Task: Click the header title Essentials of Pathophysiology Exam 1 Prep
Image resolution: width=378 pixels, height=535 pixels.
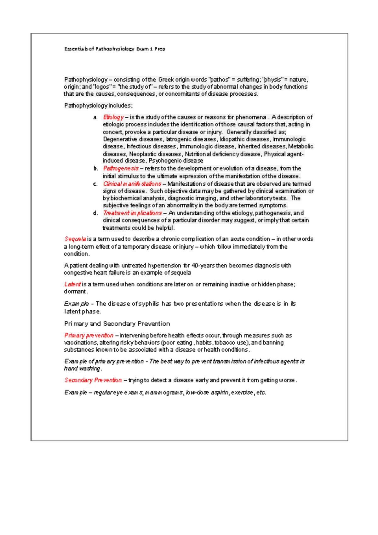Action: (115, 49)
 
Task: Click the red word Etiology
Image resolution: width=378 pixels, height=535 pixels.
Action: (113, 117)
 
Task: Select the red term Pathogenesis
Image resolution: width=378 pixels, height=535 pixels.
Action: (121, 168)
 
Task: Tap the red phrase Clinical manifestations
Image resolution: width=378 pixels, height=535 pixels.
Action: (132, 184)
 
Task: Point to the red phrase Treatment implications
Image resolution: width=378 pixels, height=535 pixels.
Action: (132, 213)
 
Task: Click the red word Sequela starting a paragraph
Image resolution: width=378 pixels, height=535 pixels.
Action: (75, 239)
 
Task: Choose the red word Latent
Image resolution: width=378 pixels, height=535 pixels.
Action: (72, 284)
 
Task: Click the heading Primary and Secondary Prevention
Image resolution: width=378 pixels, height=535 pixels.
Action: (117, 324)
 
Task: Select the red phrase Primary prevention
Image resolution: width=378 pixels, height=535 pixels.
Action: (89, 335)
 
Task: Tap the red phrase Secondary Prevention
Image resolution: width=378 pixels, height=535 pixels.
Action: (93, 380)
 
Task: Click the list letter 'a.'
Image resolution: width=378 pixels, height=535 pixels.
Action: (95, 117)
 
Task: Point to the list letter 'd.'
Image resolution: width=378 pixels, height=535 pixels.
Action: (95, 213)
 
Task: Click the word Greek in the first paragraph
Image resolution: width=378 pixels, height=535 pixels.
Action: (165, 80)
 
